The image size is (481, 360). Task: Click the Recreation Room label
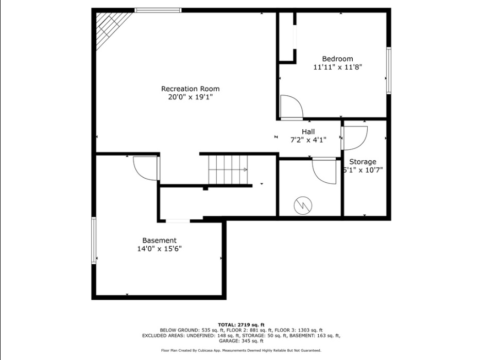pos(190,89)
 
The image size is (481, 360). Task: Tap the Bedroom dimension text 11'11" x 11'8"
pos(337,67)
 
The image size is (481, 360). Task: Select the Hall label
pos(308,132)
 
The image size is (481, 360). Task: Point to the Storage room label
pos(363,162)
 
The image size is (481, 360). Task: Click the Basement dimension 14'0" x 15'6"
pos(159,249)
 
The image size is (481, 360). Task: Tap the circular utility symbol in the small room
pos(303,205)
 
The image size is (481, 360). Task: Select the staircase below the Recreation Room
pos(228,170)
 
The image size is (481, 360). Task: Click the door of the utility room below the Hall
pos(324,172)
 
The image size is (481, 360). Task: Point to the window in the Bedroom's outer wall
pos(389,70)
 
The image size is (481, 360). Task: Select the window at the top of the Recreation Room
pos(158,10)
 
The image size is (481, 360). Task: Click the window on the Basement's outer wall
pos(94,241)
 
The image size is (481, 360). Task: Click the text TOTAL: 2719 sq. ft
pos(241,324)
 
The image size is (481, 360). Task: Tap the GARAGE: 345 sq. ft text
pos(241,340)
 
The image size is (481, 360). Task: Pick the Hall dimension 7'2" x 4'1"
pos(308,140)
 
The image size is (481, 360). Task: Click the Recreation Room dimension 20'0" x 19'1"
pos(190,97)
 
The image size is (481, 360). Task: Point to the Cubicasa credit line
pos(241,350)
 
